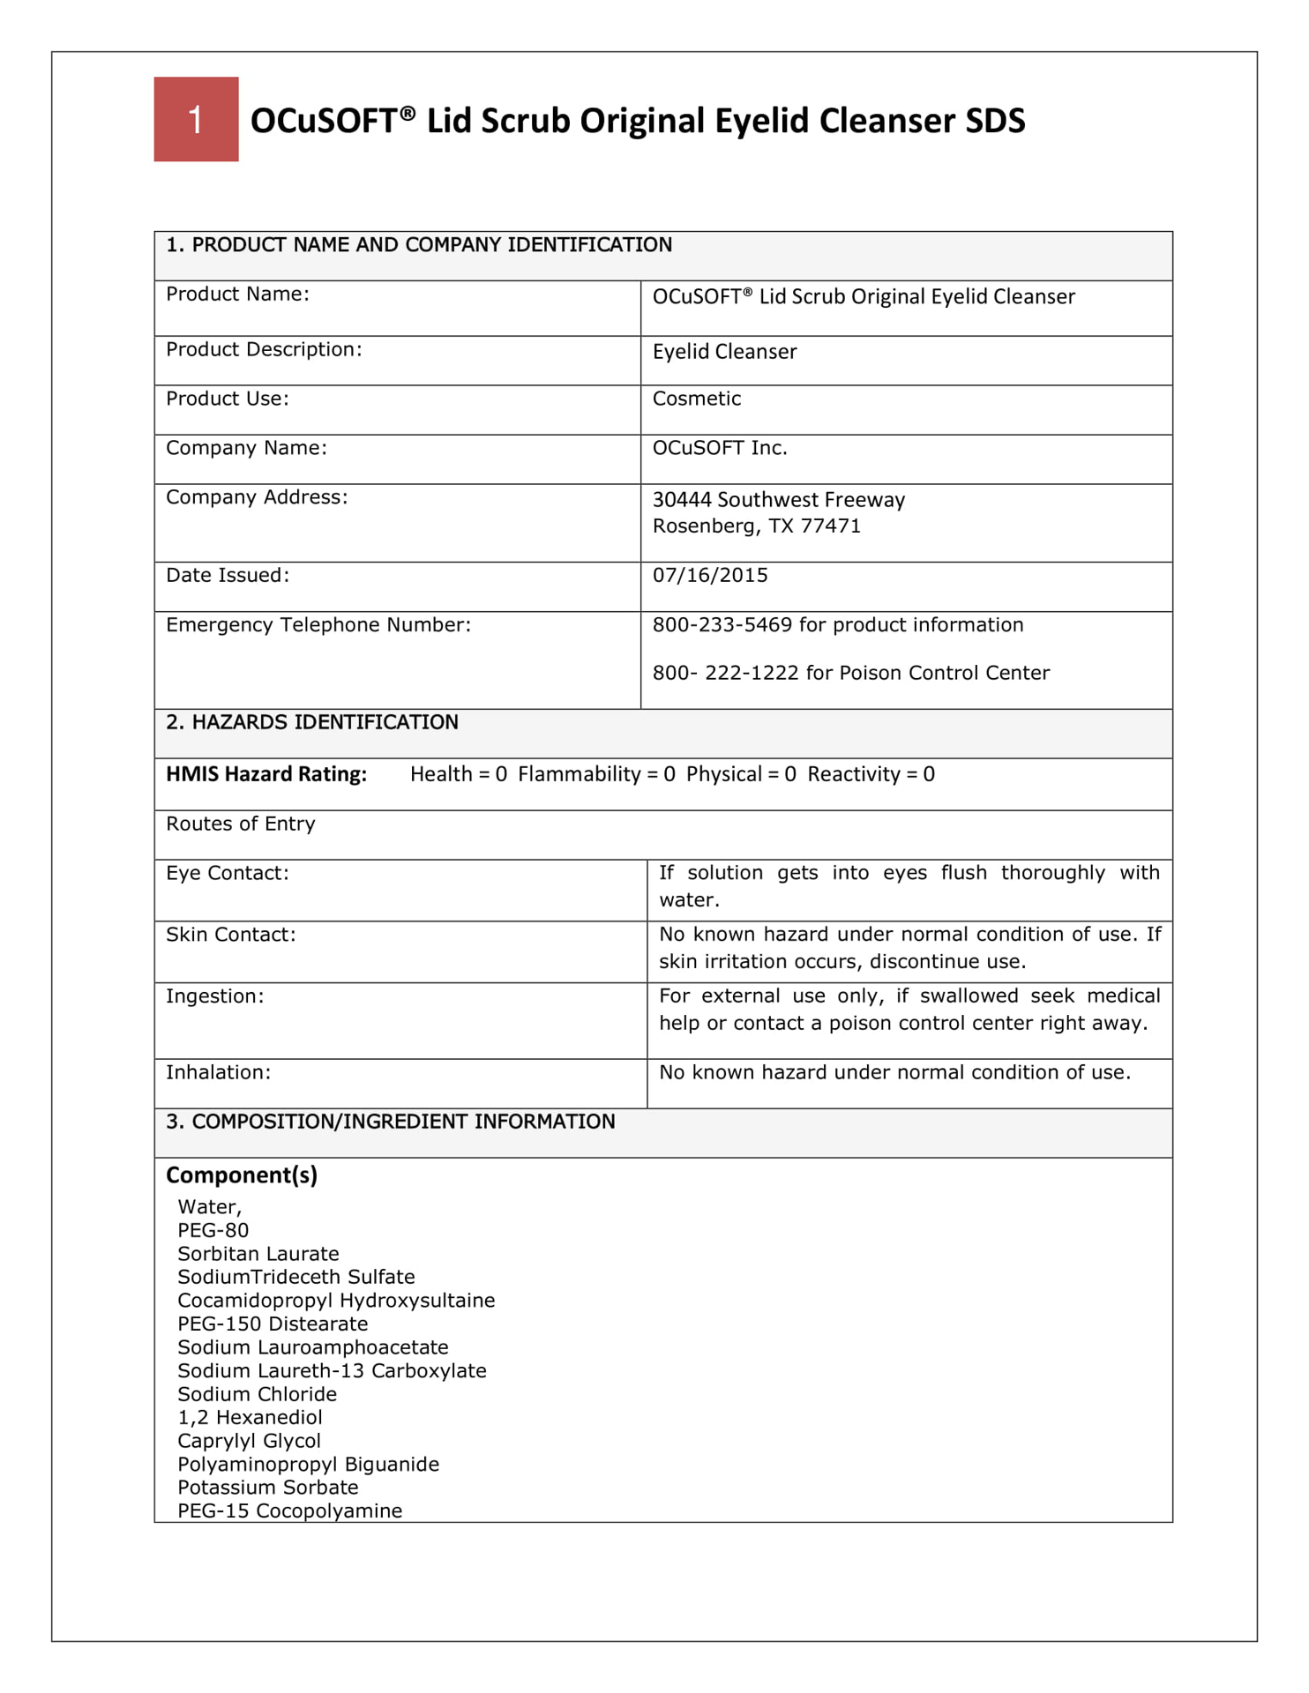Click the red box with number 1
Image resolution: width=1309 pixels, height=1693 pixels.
pos(196,119)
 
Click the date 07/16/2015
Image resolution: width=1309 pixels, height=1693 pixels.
pos(710,576)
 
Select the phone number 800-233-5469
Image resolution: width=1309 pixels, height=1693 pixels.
pos(722,625)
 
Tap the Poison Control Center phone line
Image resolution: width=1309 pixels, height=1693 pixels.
pos(850,674)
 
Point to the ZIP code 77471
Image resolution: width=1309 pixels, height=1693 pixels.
pos(830,526)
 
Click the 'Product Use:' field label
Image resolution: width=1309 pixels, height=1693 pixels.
pos(228,399)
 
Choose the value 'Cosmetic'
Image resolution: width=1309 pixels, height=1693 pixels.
pos(697,399)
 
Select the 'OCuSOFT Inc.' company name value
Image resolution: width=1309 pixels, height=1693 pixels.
pos(720,448)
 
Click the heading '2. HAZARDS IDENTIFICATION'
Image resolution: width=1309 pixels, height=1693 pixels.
pos(312,723)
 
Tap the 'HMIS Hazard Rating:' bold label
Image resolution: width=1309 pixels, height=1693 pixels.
pos(266,774)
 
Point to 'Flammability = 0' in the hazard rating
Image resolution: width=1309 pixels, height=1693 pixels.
pos(596,774)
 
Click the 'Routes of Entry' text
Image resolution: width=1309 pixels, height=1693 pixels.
pos(241,824)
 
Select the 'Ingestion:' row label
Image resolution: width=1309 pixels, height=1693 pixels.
pos(215,996)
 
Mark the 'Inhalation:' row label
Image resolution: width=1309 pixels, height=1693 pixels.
pos(219,1072)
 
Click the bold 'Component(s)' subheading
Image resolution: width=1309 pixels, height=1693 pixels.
pos(242,1175)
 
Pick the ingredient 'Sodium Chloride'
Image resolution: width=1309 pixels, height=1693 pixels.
pos(258,1394)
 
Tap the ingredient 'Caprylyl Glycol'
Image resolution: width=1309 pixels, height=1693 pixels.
pos(250,1441)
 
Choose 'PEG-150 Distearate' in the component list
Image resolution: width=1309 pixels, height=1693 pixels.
pos(273,1324)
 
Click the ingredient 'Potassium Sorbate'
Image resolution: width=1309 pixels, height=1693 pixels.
pos(268,1488)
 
